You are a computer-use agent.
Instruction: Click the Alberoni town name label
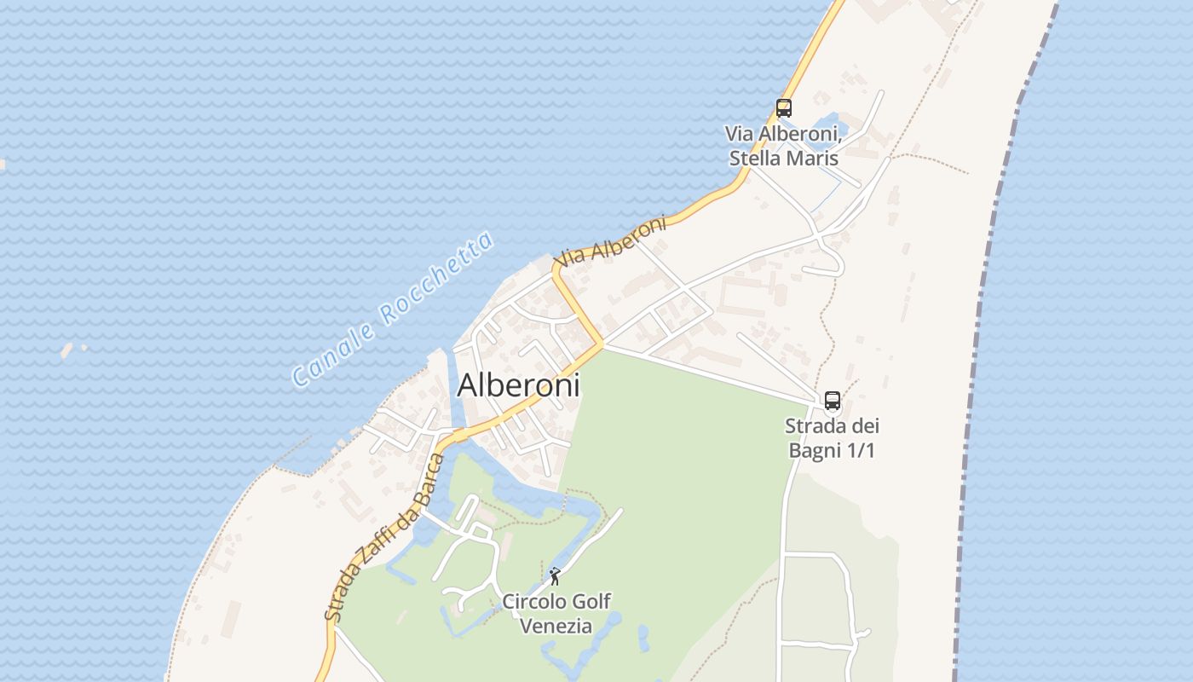click(518, 385)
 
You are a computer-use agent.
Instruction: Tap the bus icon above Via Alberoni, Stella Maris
click(784, 108)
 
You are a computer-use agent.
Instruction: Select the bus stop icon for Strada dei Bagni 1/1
click(833, 401)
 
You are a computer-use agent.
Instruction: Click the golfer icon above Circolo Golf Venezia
click(556, 576)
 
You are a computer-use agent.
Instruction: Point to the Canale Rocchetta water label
click(393, 309)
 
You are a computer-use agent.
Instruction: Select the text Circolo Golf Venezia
click(556, 614)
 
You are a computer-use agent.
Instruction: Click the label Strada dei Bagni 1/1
click(832, 438)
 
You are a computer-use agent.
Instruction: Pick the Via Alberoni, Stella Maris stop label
click(784, 146)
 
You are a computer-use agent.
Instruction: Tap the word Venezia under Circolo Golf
click(556, 626)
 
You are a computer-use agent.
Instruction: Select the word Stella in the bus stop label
click(756, 159)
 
